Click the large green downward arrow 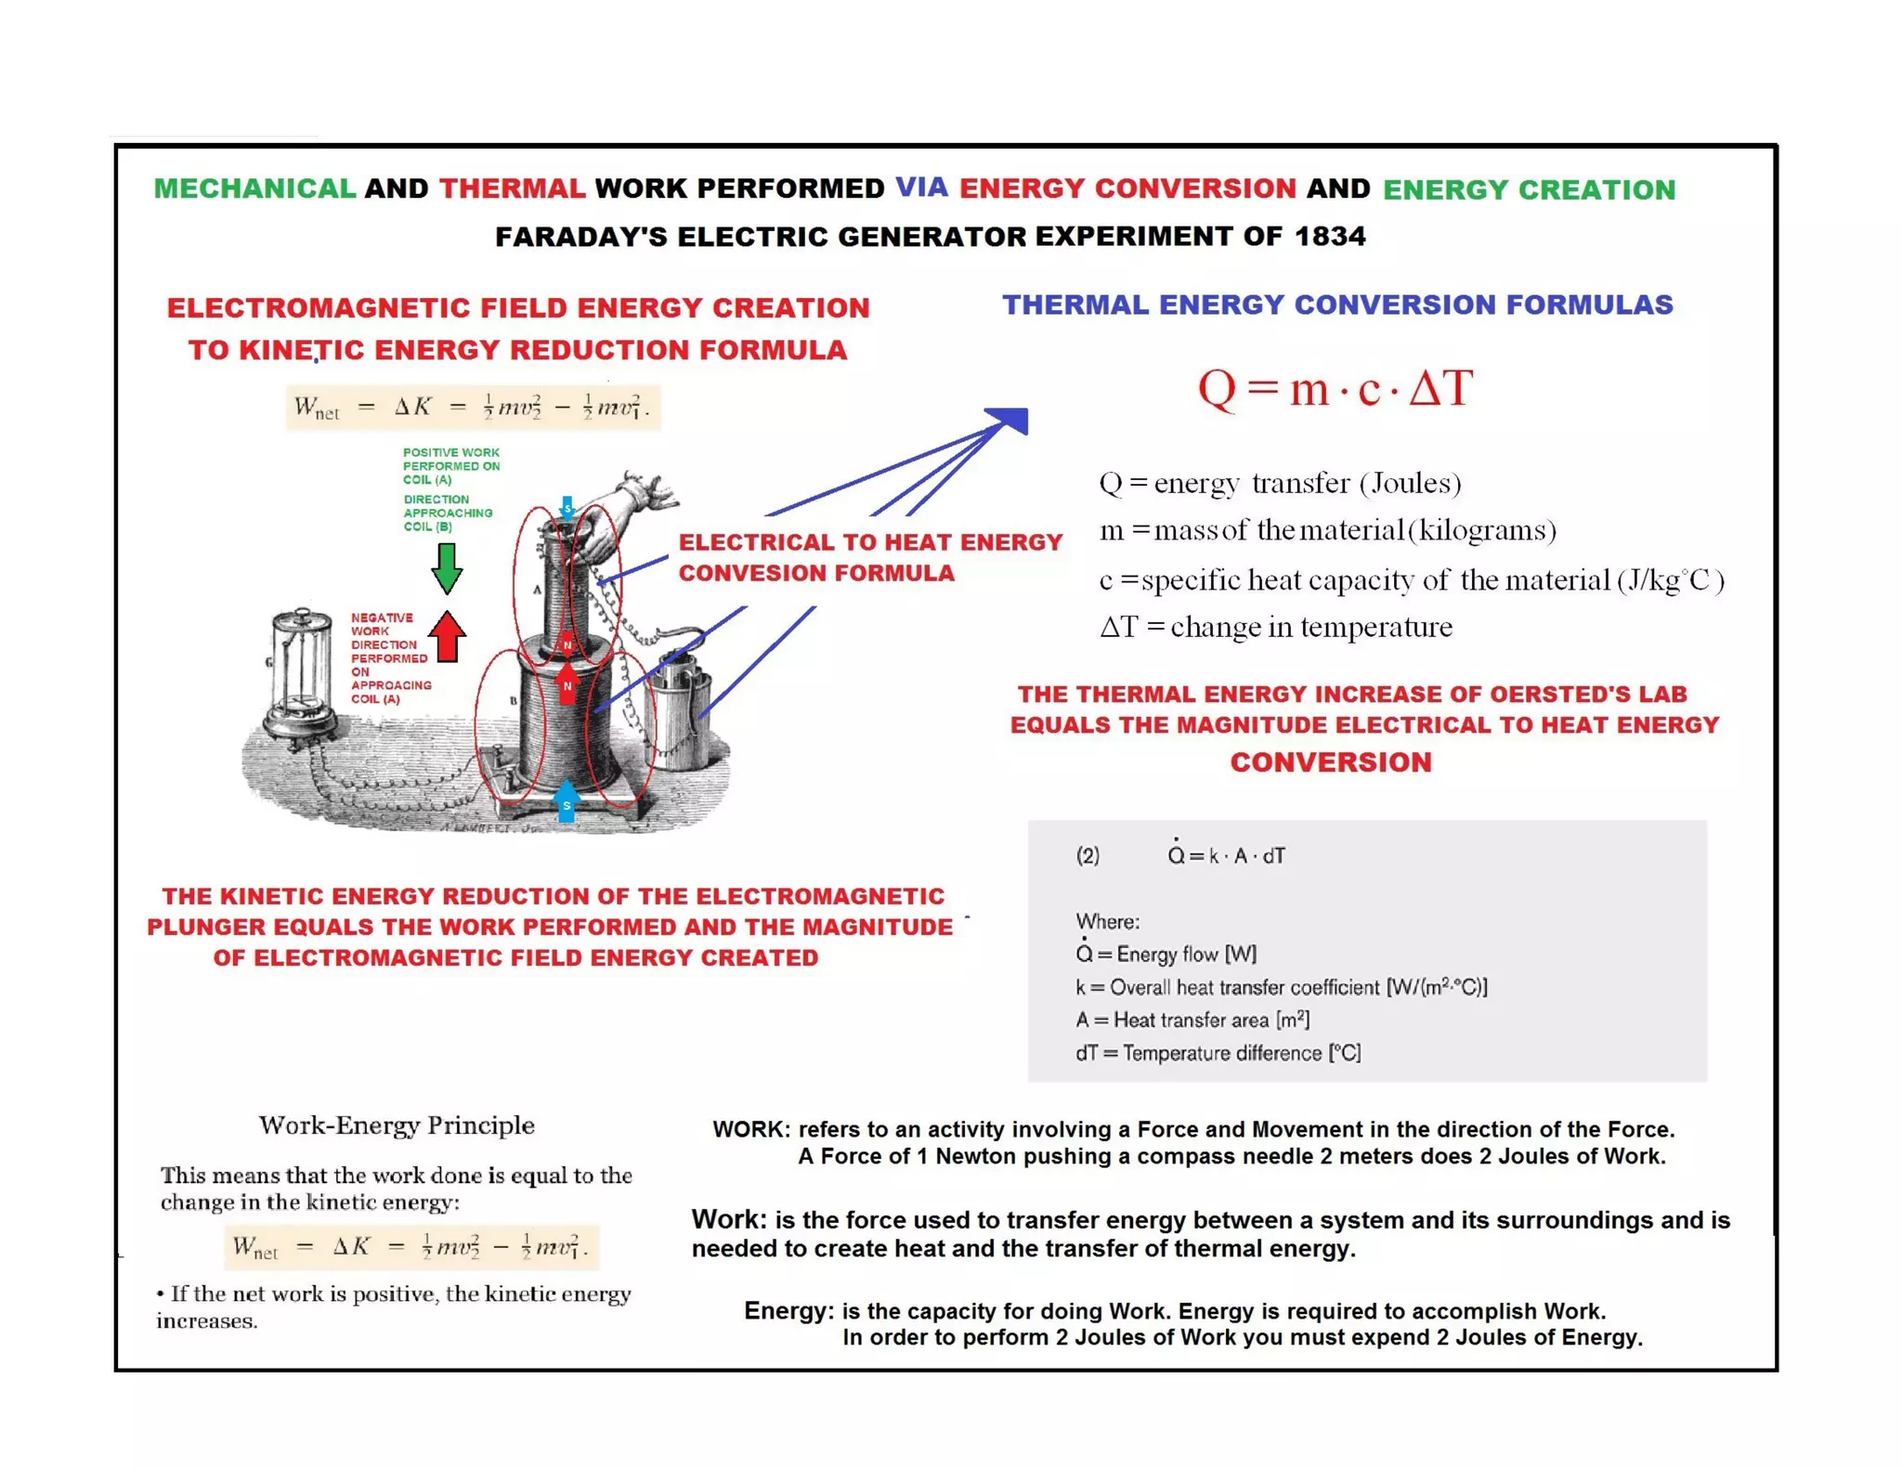click(x=447, y=567)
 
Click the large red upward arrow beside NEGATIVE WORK click(x=448, y=637)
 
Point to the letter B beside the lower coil click(x=512, y=701)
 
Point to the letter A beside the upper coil click(x=536, y=590)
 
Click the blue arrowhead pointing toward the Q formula click(x=1011, y=419)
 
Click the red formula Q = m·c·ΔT click(x=1335, y=387)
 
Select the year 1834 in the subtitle click(x=1330, y=236)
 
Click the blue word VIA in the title click(x=921, y=188)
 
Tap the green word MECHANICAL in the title click(x=254, y=188)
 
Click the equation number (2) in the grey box click(x=1088, y=855)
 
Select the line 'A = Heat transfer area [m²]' click(x=1192, y=1020)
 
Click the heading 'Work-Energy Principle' click(x=397, y=1125)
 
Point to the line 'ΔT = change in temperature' click(x=1275, y=627)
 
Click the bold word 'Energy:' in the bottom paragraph click(x=788, y=1310)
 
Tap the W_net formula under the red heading click(x=473, y=407)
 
